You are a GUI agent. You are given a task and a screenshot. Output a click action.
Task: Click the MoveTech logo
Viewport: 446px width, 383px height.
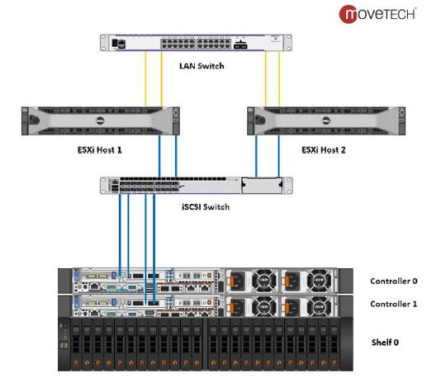[379, 13]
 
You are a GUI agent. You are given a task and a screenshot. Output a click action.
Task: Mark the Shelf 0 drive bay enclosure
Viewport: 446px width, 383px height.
[198, 343]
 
